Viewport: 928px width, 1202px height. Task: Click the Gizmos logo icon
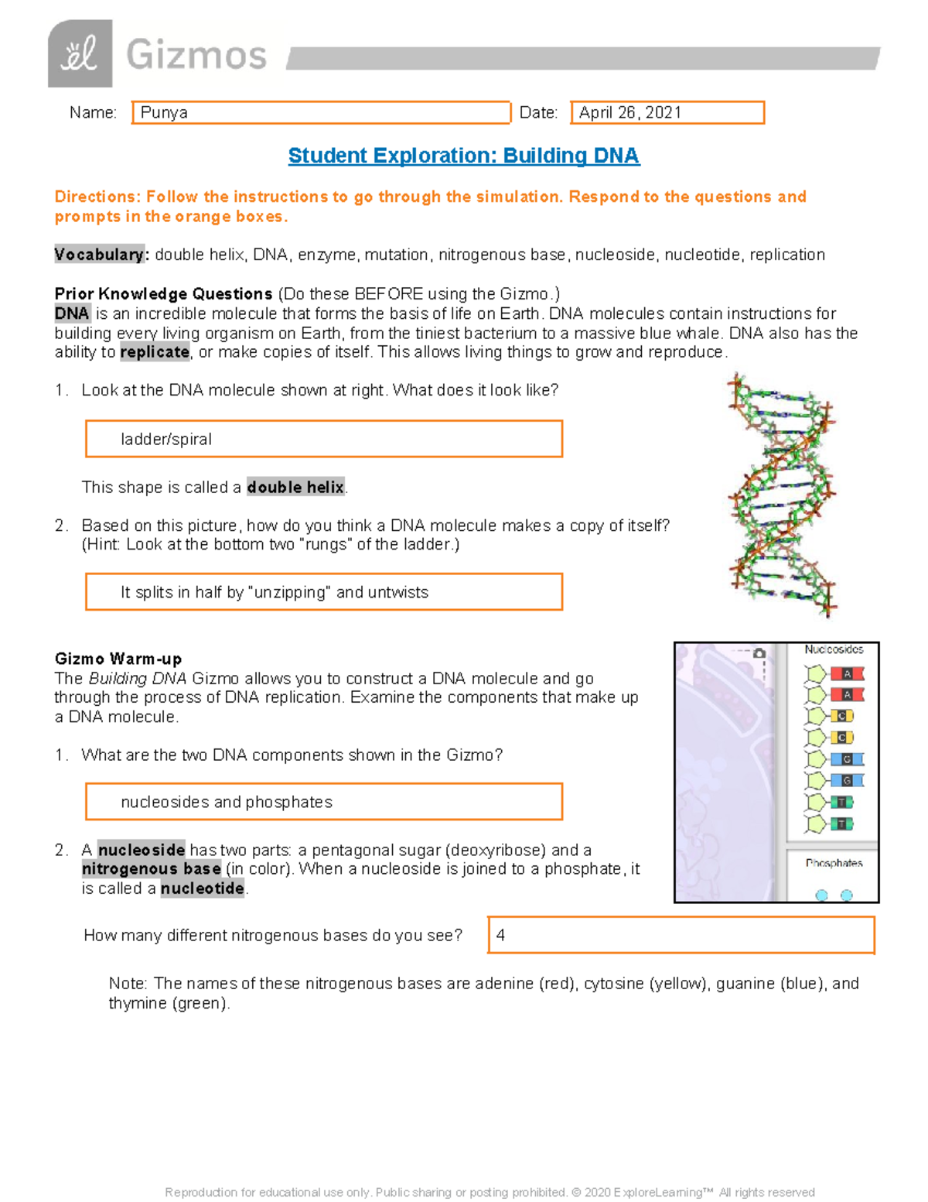(x=80, y=54)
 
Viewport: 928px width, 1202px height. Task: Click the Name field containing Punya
(x=321, y=112)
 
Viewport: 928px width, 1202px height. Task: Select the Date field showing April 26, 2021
(x=667, y=112)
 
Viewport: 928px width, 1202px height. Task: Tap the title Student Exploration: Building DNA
(x=463, y=156)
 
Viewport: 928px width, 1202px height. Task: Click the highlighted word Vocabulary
(x=99, y=255)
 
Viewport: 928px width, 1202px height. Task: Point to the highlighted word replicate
(x=155, y=352)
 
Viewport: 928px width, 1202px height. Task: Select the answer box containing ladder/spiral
(x=323, y=439)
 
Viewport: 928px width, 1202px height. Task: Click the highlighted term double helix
(x=295, y=488)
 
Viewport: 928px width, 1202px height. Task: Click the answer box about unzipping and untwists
(x=323, y=592)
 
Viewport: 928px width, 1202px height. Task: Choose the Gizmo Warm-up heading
(x=118, y=659)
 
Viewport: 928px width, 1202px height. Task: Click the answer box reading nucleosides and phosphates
(x=323, y=802)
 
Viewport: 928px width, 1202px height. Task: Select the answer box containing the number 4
(x=681, y=935)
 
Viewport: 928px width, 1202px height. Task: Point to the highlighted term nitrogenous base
(x=152, y=869)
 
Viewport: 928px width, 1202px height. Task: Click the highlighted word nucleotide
(x=203, y=889)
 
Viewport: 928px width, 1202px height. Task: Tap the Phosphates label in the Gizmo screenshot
(x=834, y=863)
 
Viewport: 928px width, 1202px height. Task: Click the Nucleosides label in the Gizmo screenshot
(x=833, y=649)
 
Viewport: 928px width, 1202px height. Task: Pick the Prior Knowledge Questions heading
(x=163, y=294)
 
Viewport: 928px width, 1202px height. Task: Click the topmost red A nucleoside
(x=835, y=674)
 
